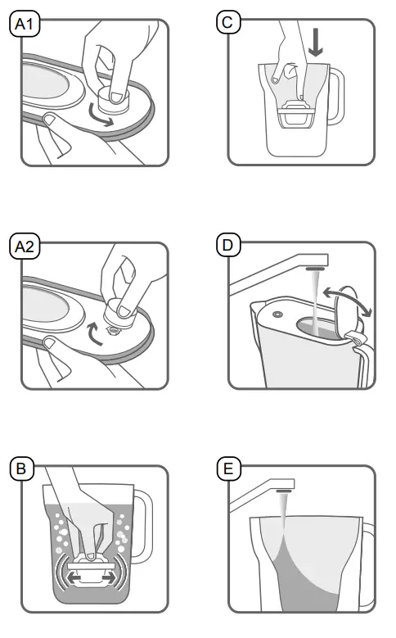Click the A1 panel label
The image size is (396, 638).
[25, 24]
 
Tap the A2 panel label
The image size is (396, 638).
[25, 247]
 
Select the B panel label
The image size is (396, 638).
[22, 468]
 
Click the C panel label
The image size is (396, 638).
[228, 22]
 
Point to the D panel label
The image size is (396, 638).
[228, 245]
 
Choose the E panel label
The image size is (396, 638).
[228, 468]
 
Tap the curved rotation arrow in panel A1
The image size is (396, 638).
[101, 117]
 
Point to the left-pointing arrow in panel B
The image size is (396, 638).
[75, 577]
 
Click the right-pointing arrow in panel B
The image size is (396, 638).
[107, 577]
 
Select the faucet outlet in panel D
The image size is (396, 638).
[316, 269]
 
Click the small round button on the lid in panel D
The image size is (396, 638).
[278, 314]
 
